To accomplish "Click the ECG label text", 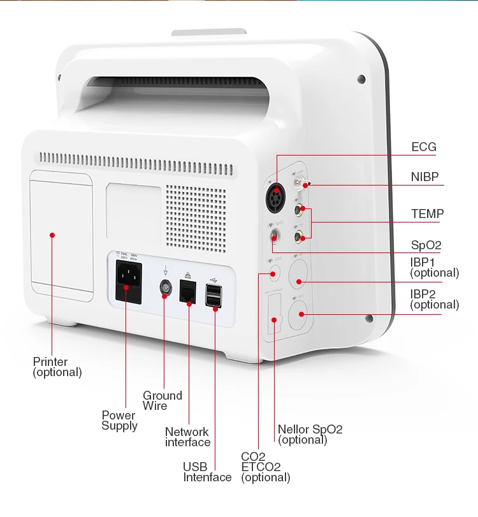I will click(424, 147).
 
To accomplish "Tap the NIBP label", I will click(424, 177).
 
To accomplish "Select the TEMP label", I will click(427, 214).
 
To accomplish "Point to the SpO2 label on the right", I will click(426, 245).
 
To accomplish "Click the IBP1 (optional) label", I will click(434, 267).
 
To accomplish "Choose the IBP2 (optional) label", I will click(434, 299).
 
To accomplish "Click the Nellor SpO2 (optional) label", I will click(310, 434).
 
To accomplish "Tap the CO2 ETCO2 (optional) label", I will click(265, 467).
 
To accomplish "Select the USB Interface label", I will click(207, 472).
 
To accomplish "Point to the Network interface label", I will click(187, 437).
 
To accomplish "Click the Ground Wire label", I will click(162, 400).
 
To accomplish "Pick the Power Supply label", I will click(119, 420).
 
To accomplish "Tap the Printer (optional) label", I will click(57, 367).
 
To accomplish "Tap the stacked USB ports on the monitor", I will click(214, 296).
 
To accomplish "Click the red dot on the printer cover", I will click(53, 235).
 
